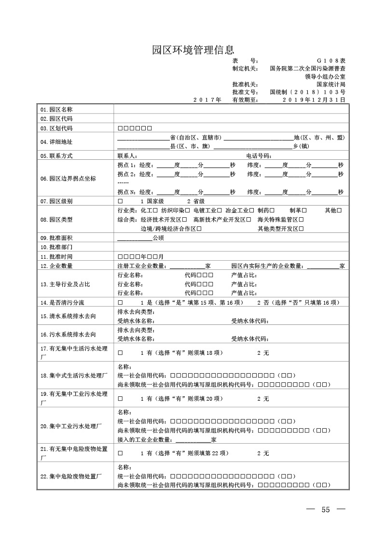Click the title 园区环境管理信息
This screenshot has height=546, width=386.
193,49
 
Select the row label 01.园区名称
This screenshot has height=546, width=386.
56,110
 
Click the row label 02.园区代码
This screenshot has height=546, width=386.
56,119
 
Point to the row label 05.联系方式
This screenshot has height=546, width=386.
56,156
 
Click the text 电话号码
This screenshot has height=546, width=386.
259,156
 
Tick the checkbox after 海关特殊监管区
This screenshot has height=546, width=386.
301,220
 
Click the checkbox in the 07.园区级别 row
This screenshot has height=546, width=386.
120,201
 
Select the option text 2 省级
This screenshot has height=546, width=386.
196,201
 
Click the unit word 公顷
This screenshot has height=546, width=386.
158,238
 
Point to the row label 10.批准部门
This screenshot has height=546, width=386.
56,247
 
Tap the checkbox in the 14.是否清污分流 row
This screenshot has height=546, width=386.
120,303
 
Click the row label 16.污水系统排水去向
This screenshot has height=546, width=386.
68,334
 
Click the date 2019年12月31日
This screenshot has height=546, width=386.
314,100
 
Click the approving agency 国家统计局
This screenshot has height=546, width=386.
331,84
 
